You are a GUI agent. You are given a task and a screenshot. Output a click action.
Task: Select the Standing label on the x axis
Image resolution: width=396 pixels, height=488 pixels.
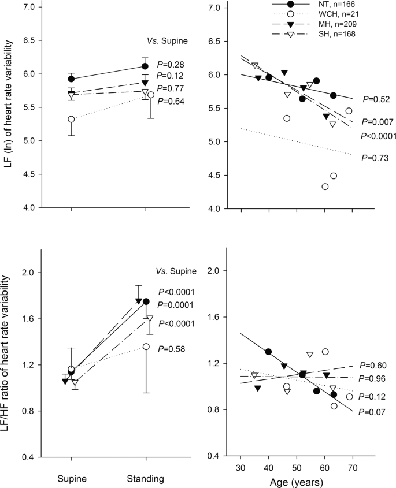pyautogui.click(x=145, y=479)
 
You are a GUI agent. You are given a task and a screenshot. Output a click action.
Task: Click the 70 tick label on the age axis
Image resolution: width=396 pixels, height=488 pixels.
pyautogui.click(x=352, y=465)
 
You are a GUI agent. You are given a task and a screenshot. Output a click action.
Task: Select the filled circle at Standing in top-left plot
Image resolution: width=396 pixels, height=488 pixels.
pyautogui.click(x=145, y=66)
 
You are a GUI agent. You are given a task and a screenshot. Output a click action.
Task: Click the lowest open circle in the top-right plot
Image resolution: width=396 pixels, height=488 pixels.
pyautogui.click(x=325, y=187)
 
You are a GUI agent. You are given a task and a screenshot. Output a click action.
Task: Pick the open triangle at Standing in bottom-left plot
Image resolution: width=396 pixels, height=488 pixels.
pyautogui.click(x=150, y=318)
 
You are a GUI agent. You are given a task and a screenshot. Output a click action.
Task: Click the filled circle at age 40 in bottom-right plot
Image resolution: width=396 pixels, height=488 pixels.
pyautogui.click(x=268, y=352)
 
